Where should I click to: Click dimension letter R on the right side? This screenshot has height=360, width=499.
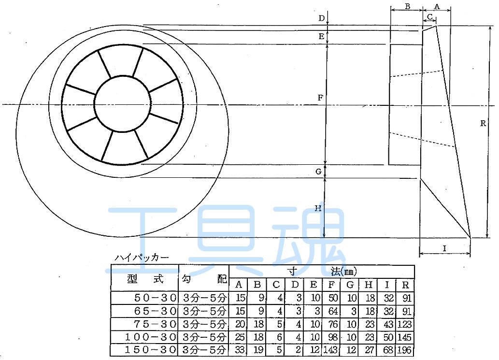pos(483,124)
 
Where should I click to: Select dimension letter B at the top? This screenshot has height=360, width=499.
pos(407,7)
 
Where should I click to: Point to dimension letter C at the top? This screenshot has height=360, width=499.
pos(429,17)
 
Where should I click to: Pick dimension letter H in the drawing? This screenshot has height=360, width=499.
pos(318,209)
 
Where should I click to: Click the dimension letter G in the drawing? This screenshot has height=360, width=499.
pos(318,172)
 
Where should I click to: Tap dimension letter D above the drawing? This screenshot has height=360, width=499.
pos(321,18)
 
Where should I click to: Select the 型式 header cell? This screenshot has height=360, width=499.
pos(145,279)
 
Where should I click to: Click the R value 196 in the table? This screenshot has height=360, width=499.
pos(405,350)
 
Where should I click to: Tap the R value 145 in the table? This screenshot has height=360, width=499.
pos(405,337)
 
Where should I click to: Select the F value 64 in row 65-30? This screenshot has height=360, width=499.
pos(333,311)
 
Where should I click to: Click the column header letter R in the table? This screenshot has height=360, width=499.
pos(405,285)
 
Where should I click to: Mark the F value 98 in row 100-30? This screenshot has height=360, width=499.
pos(333,337)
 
